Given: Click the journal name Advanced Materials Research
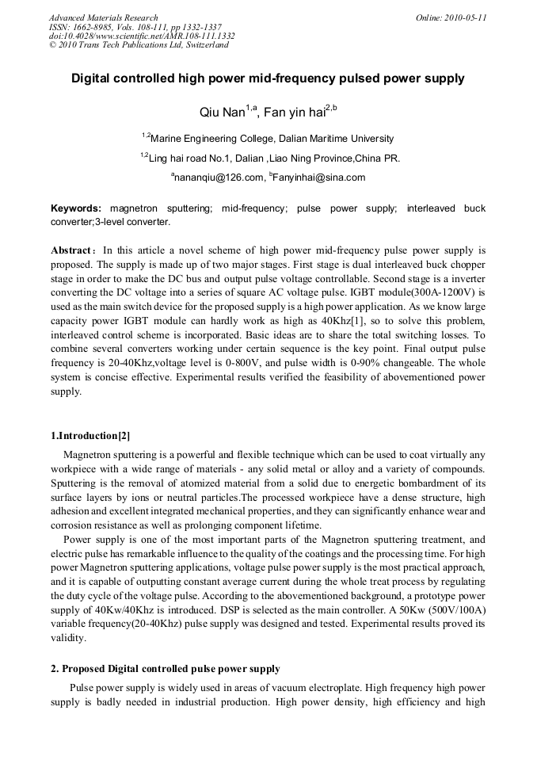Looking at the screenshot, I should (x=103, y=17).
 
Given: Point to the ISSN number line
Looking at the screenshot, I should (x=135, y=27).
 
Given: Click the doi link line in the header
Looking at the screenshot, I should (x=142, y=36).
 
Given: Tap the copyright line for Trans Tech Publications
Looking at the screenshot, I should (x=139, y=45).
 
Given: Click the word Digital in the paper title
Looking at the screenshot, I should (x=93, y=79).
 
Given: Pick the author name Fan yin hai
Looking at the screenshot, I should (x=289, y=113).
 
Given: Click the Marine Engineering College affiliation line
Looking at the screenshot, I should (x=271, y=139).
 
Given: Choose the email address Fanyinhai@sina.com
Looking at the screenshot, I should (x=319, y=178).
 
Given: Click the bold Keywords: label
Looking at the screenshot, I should (x=76, y=208).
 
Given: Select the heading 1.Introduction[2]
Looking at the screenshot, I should (x=90, y=436).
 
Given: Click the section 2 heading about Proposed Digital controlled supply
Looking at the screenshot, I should (x=165, y=669).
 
